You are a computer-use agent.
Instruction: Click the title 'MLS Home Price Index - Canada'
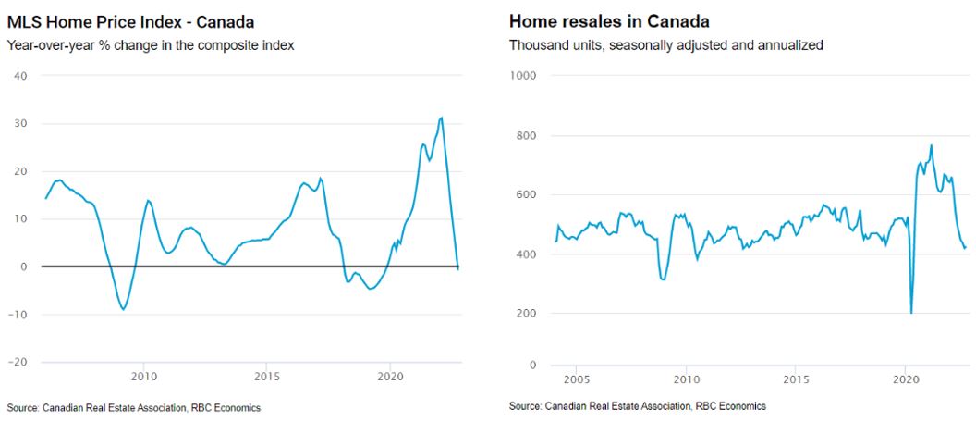click(x=130, y=20)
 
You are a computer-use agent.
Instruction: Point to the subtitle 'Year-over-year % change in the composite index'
click(x=150, y=45)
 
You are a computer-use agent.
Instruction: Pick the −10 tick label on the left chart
click(x=18, y=315)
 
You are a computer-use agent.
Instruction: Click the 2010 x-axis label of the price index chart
click(x=143, y=377)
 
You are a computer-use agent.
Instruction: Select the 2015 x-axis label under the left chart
click(x=267, y=377)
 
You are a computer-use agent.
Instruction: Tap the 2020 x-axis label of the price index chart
click(x=390, y=377)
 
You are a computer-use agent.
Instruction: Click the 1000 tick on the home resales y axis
click(x=525, y=75)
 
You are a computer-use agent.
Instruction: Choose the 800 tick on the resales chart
click(x=528, y=136)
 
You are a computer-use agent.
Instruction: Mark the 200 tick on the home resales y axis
click(x=528, y=314)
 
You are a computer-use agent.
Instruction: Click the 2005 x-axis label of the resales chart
click(x=577, y=379)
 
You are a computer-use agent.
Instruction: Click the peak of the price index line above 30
click(x=442, y=118)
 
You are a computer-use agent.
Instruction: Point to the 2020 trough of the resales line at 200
click(x=911, y=313)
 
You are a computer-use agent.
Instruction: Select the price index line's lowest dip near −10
click(x=124, y=309)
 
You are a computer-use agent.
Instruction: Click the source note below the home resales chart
click(x=637, y=406)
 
